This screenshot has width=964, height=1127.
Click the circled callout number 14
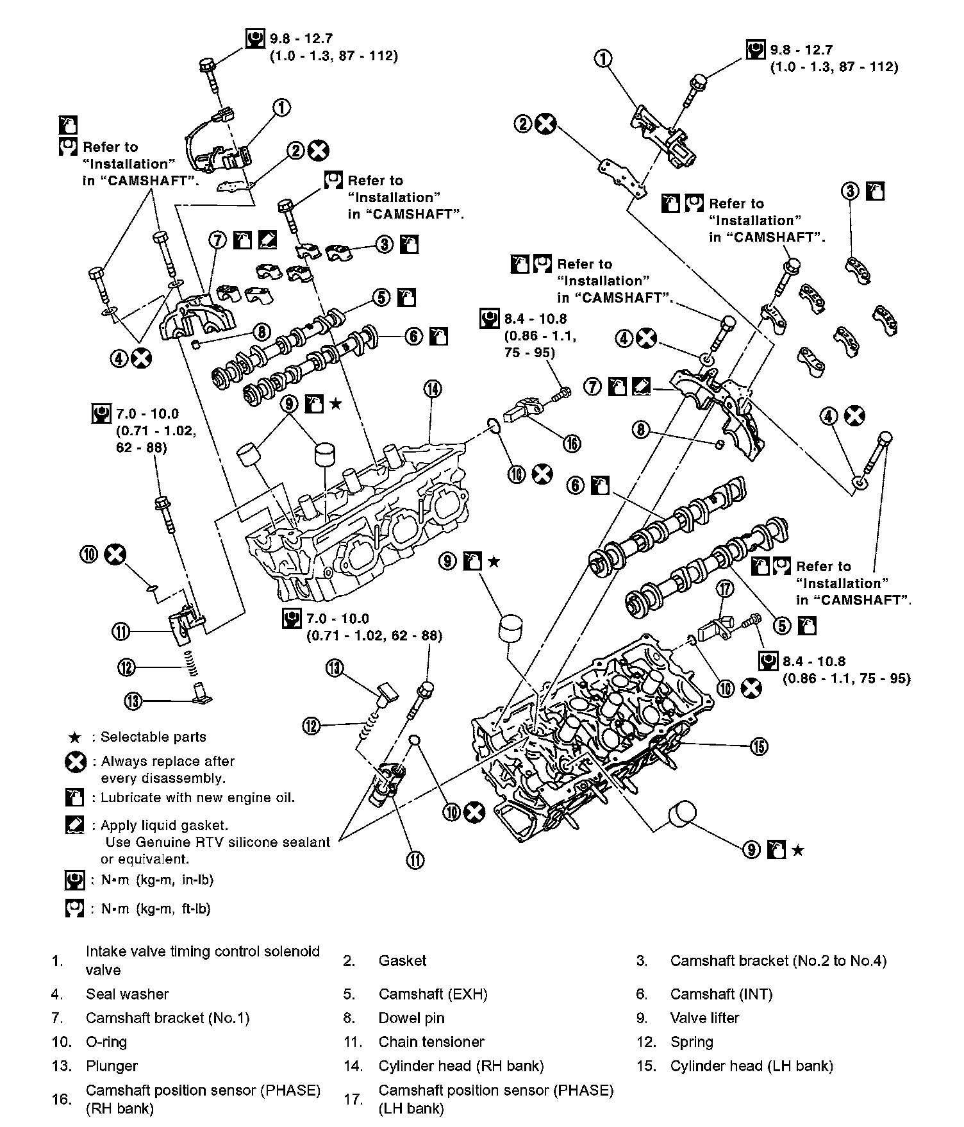pos(433,388)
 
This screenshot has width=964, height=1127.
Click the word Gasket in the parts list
pos(402,961)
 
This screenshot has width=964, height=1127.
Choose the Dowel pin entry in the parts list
pos(411,1018)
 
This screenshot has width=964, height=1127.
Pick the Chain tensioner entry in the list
pos(431,1042)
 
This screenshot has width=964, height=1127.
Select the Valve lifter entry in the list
pos(704,1018)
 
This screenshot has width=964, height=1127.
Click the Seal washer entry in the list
pos(127,994)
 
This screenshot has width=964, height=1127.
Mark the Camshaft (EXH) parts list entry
pos(433,994)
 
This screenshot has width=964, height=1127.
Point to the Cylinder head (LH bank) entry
pos(751,1066)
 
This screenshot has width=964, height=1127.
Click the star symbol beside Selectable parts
pos(75,737)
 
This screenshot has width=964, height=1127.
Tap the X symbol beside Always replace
pos(76,762)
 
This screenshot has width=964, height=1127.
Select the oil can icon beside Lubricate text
pos(75,798)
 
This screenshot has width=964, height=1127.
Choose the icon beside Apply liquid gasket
pos(75,825)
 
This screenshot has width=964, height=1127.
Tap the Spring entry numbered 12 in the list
pos(691,1042)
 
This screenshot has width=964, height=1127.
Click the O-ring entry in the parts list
pos(106,1042)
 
